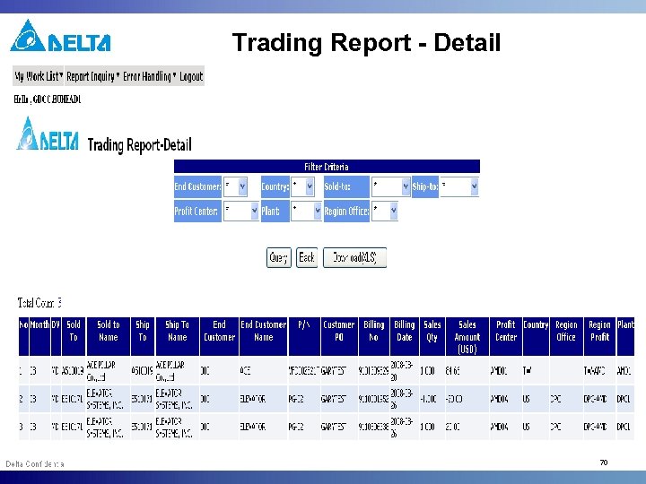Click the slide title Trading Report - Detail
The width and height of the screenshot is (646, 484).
[x=366, y=42]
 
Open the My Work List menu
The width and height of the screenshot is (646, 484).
[x=38, y=76]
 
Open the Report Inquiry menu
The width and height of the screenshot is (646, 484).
[x=92, y=76]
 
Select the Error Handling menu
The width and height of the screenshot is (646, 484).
[x=149, y=76]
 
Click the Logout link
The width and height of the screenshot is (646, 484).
[x=191, y=76]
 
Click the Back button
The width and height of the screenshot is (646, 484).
[x=307, y=257]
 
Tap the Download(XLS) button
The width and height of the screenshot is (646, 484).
[x=354, y=257]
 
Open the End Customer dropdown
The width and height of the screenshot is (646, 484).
[x=240, y=186]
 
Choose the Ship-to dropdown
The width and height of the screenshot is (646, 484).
[x=459, y=186]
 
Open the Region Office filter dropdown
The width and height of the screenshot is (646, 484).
[x=385, y=211]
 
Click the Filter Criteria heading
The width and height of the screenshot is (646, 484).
[x=327, y=166]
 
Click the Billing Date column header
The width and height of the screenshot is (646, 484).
[x=405, y=331]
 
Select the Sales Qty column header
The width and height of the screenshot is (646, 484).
[x=432, y=331]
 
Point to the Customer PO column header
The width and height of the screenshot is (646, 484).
[x=339, y=331]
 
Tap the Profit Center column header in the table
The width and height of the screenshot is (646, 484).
[x=506, y=331]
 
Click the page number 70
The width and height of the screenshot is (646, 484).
[x=604, y=462]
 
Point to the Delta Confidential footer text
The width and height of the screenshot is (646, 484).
[x=35, y=463]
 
